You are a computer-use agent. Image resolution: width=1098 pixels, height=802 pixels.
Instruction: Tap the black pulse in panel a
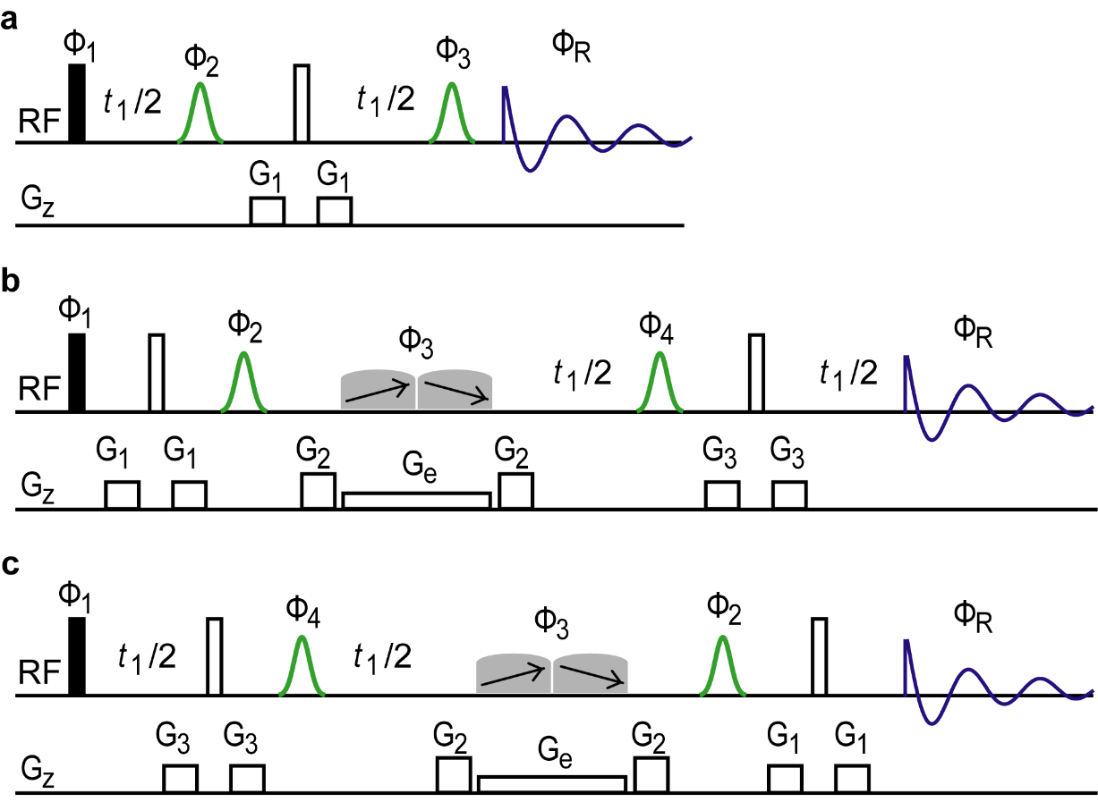tap(77, 103)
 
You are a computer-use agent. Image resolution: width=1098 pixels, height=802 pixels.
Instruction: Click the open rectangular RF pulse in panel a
tap(302, 103)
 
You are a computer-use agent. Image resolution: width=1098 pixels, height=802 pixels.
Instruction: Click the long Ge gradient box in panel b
tap(416, 500)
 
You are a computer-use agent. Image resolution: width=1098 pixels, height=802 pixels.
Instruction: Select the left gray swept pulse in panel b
tap(378, 391)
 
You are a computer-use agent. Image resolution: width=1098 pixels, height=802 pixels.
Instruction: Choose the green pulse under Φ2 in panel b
tap(243, 383)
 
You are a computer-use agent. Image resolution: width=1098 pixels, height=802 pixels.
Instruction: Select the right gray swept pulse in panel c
tap(591, 674)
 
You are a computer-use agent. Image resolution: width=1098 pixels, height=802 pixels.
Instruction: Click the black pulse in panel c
tap(77, 655)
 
